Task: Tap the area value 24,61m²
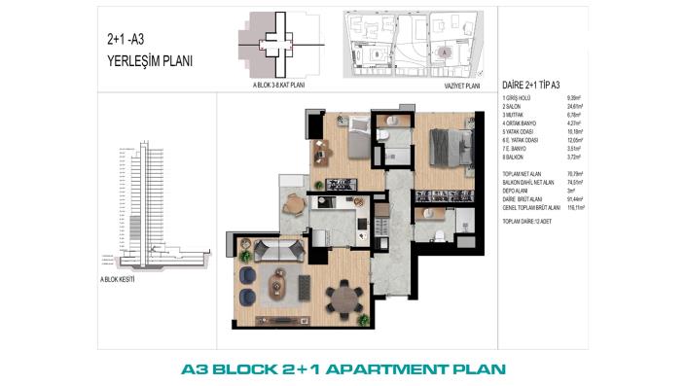[x=579, y=107]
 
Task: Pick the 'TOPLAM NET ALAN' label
[x=524, y=173]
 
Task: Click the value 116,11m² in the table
[x=580, y=206]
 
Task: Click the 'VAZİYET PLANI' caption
[x=461, y=85]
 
